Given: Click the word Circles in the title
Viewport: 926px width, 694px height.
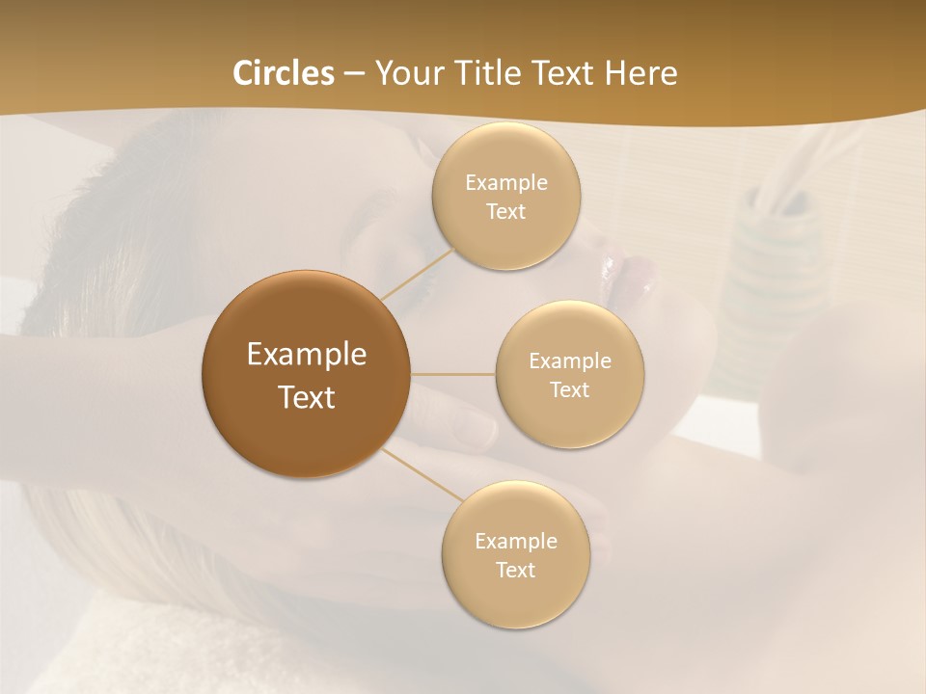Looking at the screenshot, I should [284, 73].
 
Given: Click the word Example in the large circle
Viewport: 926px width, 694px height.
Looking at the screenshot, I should [306, 355].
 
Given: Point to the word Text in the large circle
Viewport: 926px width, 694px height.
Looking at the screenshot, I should [306, 397].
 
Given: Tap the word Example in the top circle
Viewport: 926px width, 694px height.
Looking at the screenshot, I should [506, 183].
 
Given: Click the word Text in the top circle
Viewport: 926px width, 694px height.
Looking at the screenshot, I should [506, 211].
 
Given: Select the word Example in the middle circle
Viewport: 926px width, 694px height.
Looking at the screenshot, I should [570, 361].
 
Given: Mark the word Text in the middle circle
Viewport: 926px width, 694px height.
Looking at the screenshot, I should [570, 389].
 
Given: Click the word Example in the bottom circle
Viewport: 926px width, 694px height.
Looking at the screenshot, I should [516, 542].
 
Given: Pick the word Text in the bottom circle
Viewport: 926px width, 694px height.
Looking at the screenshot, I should [516, 570].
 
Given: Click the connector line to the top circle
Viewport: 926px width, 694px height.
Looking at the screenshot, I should [417, 274].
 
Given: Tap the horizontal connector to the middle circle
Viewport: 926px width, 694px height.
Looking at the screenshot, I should [452, 374].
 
